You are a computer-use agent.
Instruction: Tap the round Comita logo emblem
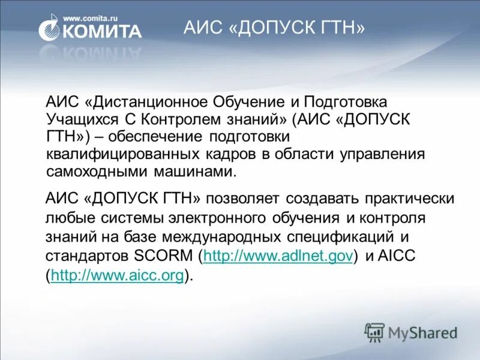pyautogui.click(x=49, y=31)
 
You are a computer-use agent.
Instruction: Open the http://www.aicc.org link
pyautogui.click(x=117, y=275)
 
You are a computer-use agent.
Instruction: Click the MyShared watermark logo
pyautogui.click(x=411, y=332)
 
